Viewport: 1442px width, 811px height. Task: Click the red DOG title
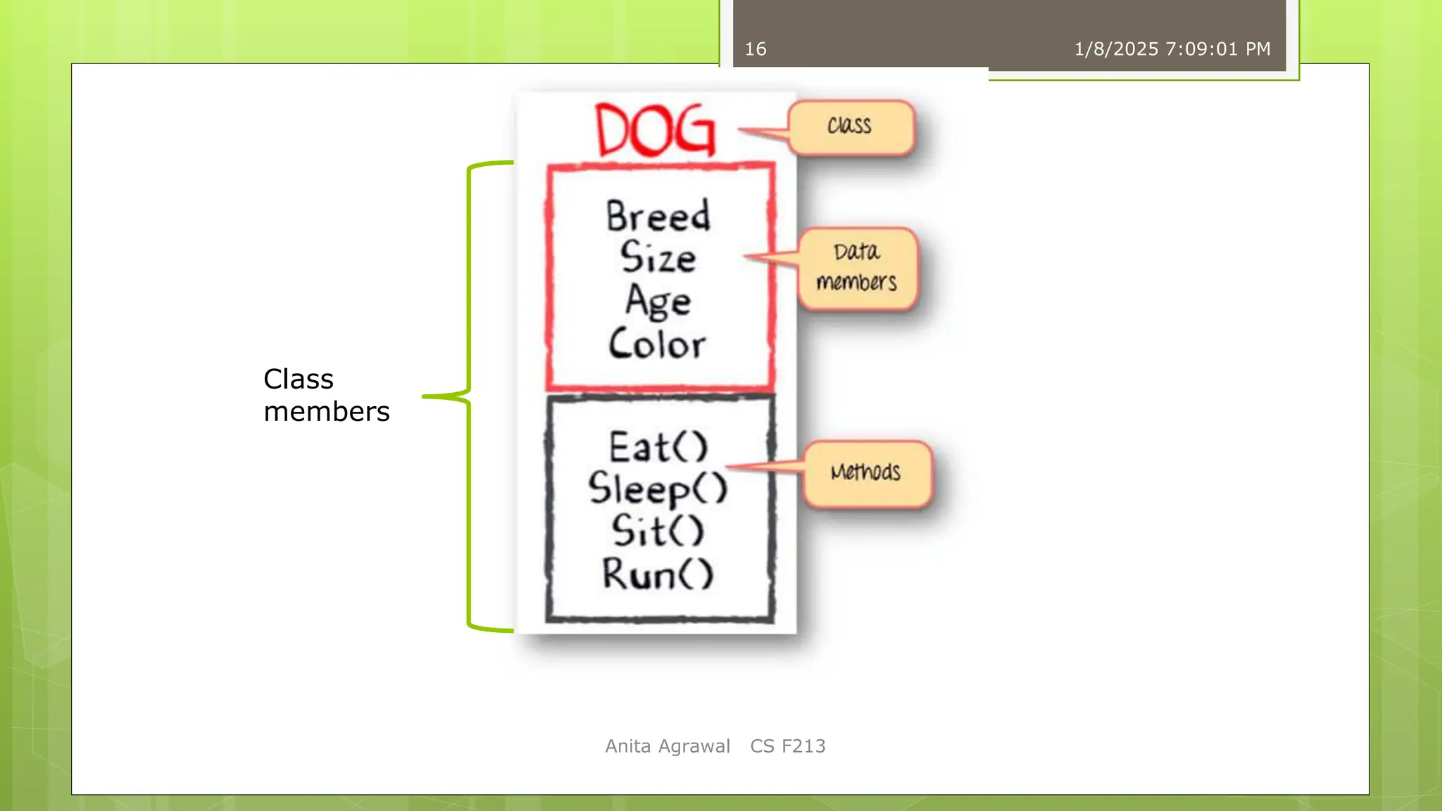tap(656, 130)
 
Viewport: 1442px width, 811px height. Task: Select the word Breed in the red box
tap(658, 215)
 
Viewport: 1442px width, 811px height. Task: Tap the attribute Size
tap(658, 257)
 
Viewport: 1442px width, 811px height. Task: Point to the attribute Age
tap(658, 301)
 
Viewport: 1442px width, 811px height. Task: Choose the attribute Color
tap(657, 344)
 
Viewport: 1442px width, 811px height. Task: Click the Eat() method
tap(658, 447)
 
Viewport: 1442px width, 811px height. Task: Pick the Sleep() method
tap(658, 489)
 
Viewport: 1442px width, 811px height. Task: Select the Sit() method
tap(658, 531)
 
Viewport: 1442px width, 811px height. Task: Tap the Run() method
tap(658, 574)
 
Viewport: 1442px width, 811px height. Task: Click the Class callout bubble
tap(851, 127)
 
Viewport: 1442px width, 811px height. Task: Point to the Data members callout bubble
tap(858, 268)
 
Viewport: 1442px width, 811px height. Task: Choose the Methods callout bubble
tap(867, 472)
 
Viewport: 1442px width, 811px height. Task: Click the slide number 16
tap(756, 49)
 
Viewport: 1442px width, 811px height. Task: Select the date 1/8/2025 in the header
tap(1116, 49)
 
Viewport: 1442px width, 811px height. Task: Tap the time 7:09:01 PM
tap(1218, 49)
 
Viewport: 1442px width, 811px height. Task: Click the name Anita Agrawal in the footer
tap(667, 746)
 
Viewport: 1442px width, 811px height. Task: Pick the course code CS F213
tap(788, 746)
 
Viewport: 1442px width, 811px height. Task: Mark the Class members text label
tap(326, 395)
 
